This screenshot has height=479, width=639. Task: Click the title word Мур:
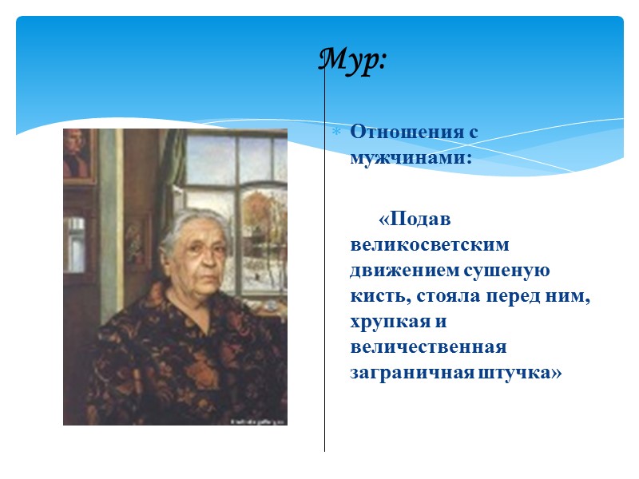tap(352, 60)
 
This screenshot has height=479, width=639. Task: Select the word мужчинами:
tap(411, 157)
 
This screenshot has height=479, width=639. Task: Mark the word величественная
tap(428, 347)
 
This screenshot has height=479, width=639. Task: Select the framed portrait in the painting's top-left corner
tap(77, 155)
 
